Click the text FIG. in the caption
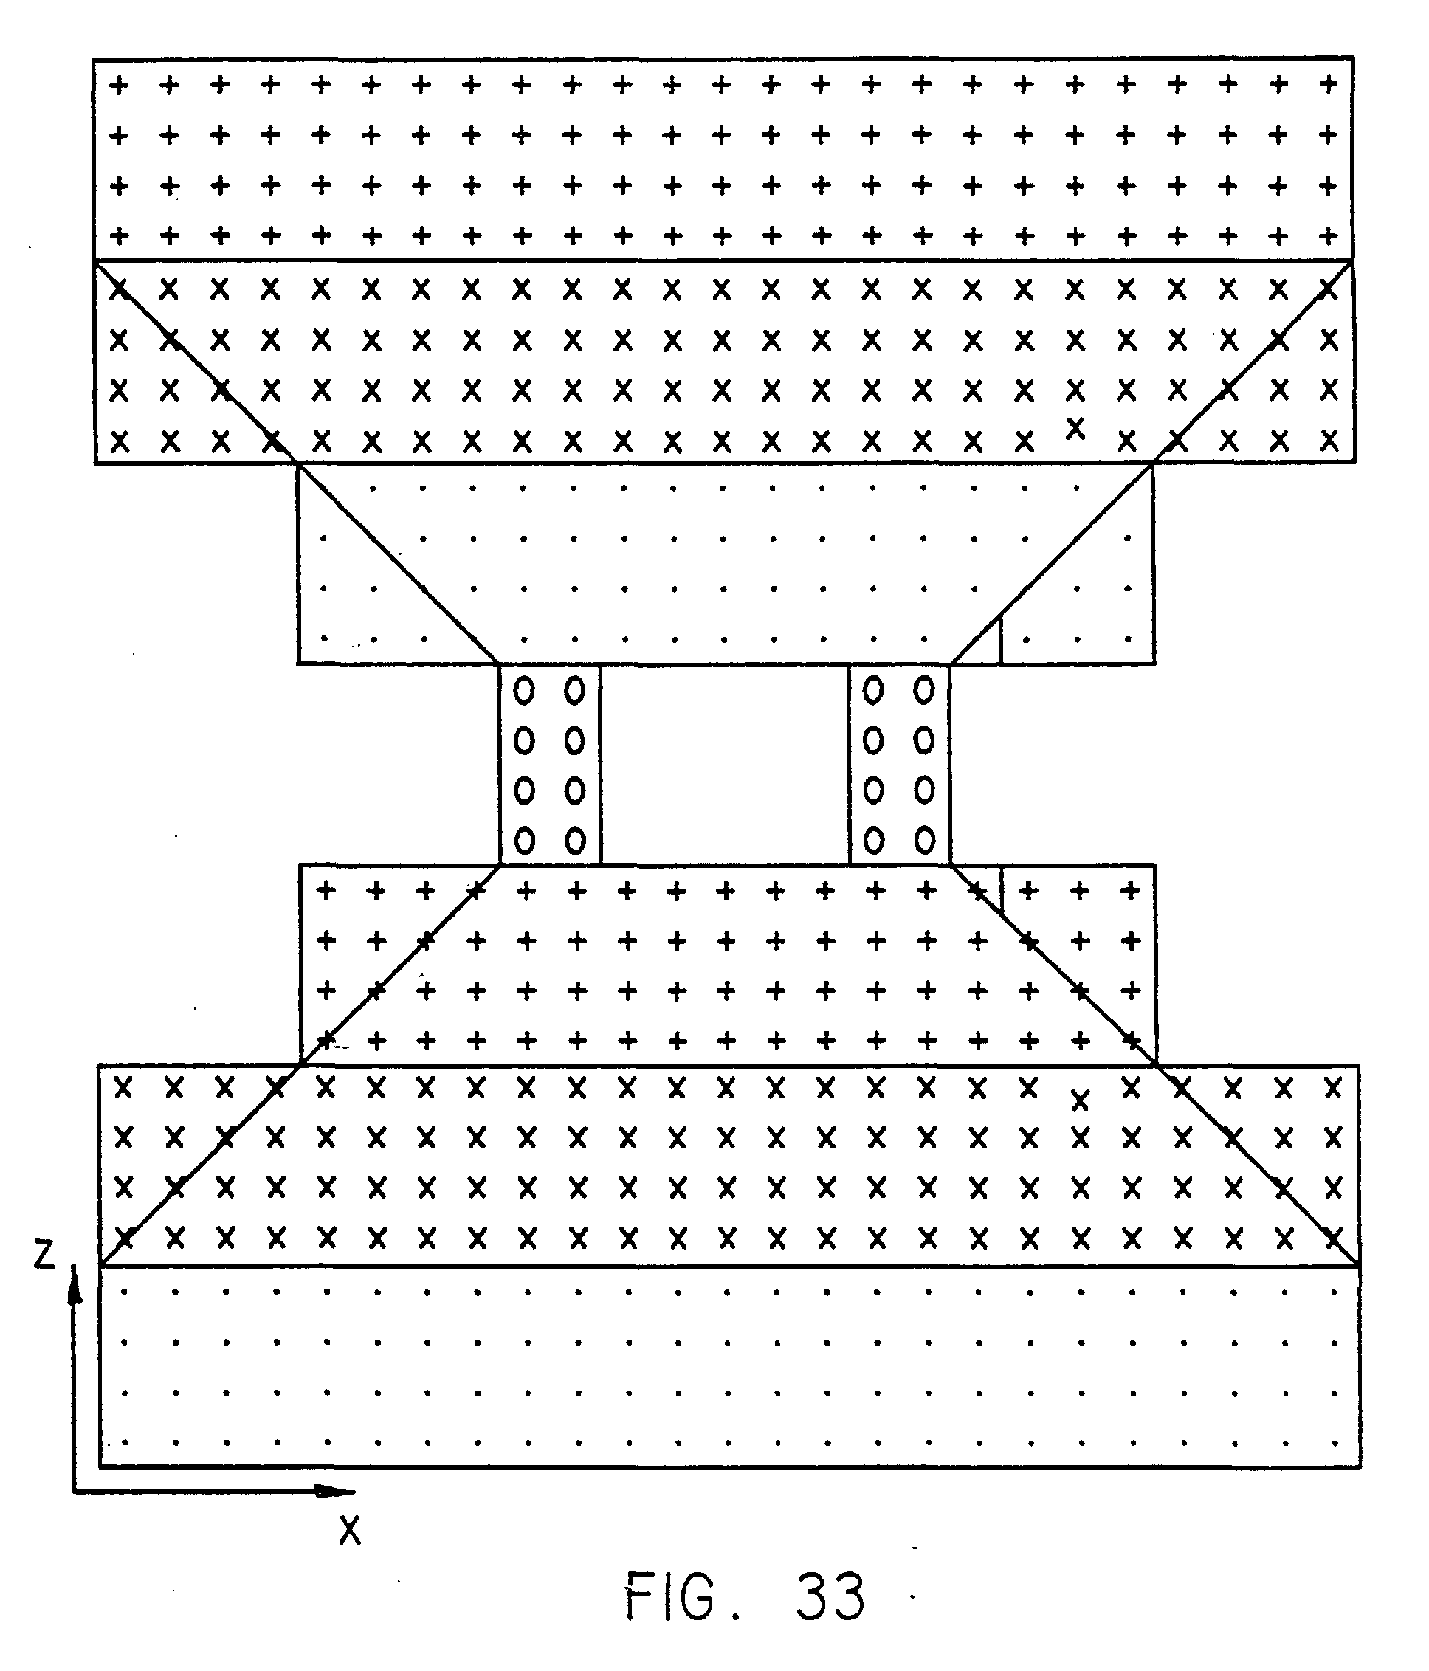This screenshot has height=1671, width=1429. pyautogui.click(x=669, y=1596)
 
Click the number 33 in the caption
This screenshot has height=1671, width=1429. pyautogui.click(x=830, y=1596)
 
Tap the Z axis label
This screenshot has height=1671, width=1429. pyautogui.click(x=44, y=1254)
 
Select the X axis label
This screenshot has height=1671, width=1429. pyautogui.click(x=350, y=1529)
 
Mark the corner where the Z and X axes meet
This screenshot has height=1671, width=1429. pyautogui.click(x=75, y=1491)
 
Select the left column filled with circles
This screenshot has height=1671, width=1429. pyautogui.click(x=550, y=765)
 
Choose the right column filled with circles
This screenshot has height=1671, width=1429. pyautogui.click(x=899, y=765)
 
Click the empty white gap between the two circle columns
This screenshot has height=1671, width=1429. pyautogui.click(x=724, y=765)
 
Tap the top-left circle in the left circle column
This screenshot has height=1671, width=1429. pyautogui.click(x=524, y=691)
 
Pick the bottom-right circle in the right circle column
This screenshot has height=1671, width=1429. pyautogui.click(x=924, y=841)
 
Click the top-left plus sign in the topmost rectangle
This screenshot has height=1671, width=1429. pyautogui.click(x=119, y=85)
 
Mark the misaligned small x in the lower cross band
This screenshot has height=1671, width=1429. pyautogui.click(x=1080, y=1099)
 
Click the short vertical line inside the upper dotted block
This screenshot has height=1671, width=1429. pyautogui.click(x=1000, y=641)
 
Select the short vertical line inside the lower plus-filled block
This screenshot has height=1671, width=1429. pyautogui.click(x=1002, y=888)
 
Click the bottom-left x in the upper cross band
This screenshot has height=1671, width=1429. pyautogui.click(x=120, y=441)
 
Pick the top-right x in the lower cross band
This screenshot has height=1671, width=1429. pyautogui.click(x=1333, y=1088)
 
